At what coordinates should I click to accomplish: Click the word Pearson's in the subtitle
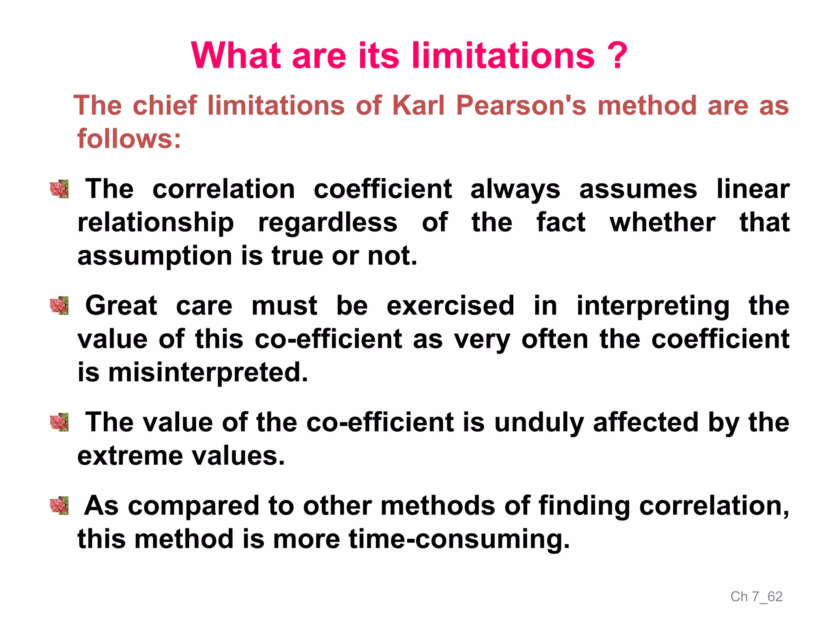(x=521, y=105)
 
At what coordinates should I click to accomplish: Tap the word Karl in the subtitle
(x=419, y=105)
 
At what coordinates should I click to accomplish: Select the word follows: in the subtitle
(x=129, y=139)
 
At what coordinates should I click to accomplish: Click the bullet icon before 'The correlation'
(x=59, y=189)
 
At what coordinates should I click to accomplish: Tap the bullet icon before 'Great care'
(x=59, y=306)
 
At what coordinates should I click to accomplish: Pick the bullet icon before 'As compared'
(x=59, y=506)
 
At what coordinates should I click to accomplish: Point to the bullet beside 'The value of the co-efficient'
(x=59, y=422)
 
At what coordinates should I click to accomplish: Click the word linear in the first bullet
(x=753, y=189)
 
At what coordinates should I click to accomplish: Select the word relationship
(x=156, y=223)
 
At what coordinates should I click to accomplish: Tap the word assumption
(x=155, y=257)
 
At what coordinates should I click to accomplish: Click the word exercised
(x=450, y=306)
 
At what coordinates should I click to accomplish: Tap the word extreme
(x=130, y=456)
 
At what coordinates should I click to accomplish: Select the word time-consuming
(x=459, y=540)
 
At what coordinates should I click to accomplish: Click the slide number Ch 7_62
(x=757, y=597)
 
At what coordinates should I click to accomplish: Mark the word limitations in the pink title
(x=503, y=56)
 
